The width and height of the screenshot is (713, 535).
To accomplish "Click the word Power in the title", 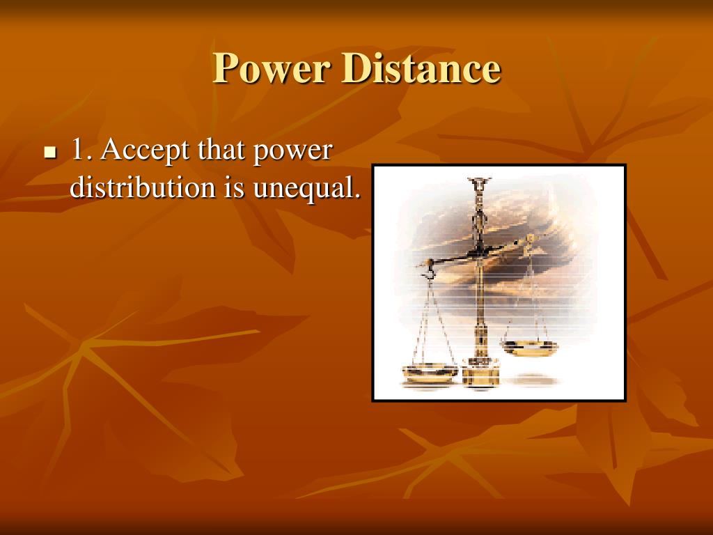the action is pos(272,68).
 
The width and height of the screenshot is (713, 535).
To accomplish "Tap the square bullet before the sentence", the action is pos(50,153).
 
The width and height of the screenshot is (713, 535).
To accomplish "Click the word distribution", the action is pos(143,187).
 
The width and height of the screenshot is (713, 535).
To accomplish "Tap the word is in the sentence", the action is pos(234,187).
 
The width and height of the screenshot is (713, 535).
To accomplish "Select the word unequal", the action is pos(302,188).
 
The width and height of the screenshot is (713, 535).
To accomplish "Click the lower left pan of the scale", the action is pos(430,373).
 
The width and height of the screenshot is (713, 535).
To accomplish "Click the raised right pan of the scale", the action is pos(529,347).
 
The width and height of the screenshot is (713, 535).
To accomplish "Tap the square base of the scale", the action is pos(480,375).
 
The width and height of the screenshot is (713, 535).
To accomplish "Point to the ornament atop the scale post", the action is pos(479,184).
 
